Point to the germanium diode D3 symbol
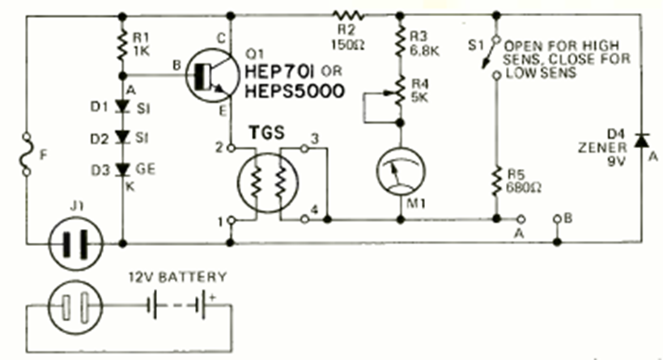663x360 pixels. [x=122, y=170]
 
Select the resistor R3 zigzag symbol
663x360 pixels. [x=400, y=37]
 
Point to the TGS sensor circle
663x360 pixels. [x=266, y=184]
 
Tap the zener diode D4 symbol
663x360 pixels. [x=641, y=142]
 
